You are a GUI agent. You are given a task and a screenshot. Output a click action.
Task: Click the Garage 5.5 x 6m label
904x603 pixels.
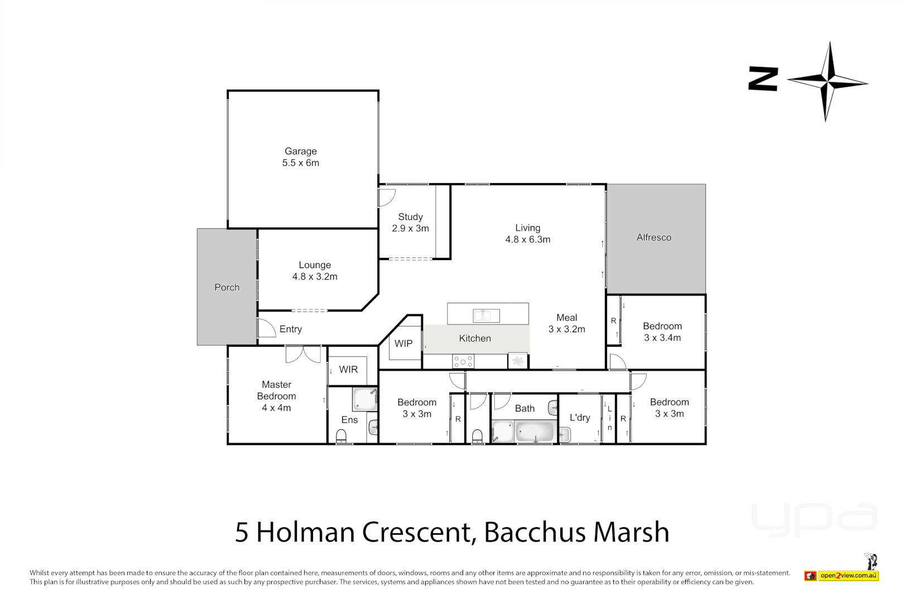pyautogui.click(x=301, y=157)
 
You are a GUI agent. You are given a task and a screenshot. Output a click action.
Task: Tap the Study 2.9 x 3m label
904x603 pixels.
pyautogui.click(x=410, y=222)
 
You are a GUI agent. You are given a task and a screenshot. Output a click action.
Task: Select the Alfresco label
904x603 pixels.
pyautogui.click(x=653, y=237)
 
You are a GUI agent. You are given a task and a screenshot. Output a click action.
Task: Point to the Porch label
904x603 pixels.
pyautogui.click(x=227, y=288)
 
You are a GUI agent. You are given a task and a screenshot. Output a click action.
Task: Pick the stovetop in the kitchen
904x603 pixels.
pyautogui.click(x=463, y=362)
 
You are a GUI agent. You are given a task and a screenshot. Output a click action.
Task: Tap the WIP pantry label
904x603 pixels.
pyautogui.click(x=403, y=343)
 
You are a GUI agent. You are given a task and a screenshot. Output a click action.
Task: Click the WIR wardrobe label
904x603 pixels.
pyautogui.click(x=348, y=370)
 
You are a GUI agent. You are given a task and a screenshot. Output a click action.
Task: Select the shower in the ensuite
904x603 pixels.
pyautogui.click(x=365, y=400)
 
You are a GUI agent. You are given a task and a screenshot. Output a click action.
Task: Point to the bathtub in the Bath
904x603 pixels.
pyautogui.click(x=535, y=432)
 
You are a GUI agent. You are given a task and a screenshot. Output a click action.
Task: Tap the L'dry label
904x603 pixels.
pyautogui.click(x=579, y=418)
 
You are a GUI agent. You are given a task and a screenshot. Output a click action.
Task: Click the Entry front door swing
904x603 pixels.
pyautogui.click(x=266, y=328)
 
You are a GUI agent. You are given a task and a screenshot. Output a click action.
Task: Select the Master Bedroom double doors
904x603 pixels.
pyautogui.click(x=303, y=354)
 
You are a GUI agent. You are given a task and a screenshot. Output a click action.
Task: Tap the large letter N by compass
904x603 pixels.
pyautogui.click(x=763, y=79)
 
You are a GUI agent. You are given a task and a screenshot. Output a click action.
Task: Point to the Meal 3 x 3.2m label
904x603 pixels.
pyautogui.click(x=566, y=323)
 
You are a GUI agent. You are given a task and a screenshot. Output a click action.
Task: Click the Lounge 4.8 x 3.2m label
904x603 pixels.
pyautogui.click(x=315, y=271)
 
